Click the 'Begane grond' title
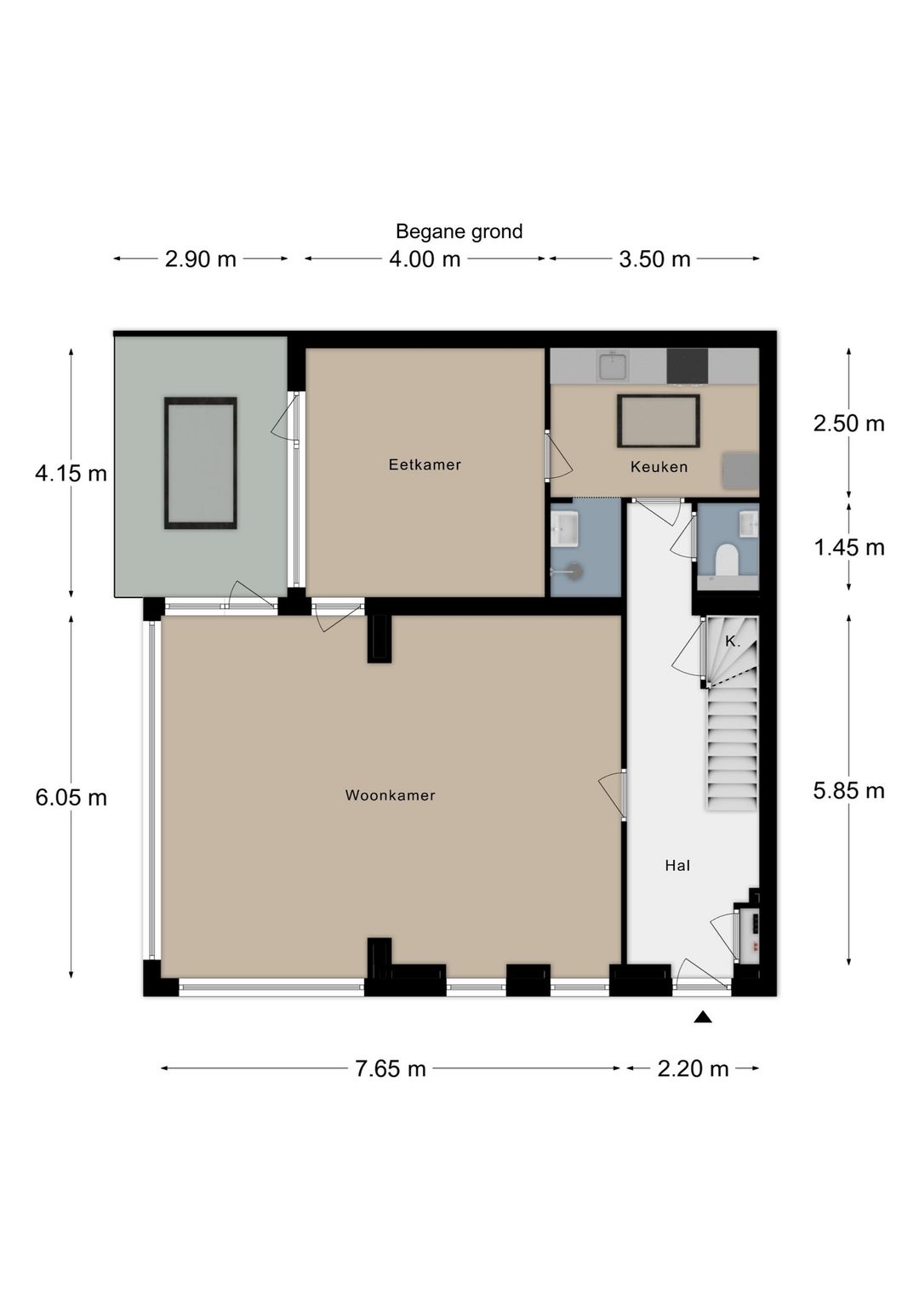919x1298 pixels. click(459, 231)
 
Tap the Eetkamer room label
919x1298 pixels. click(425, 464)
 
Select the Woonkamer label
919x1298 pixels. click(391, 795)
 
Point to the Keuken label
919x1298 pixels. click(659, 466)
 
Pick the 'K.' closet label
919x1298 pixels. click(733, 641)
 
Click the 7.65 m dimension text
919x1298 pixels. click(391, 1069)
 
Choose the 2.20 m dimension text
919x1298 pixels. click(693, 1069)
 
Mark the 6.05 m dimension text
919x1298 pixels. click(71, 798)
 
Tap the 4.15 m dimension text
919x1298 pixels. click(71, 474)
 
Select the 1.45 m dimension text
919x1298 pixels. click(849, 548)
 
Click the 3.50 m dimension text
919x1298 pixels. click(654, 259)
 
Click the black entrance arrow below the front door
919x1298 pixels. click(703, 1017)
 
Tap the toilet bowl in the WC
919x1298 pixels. click(726, 560)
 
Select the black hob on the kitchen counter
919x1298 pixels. click(687, 366)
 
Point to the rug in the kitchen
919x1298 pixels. click(658, 421)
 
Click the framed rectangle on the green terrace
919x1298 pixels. click(200, 463)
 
